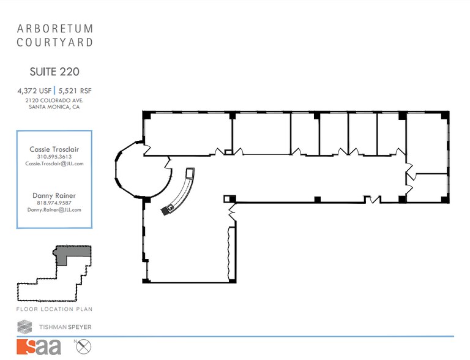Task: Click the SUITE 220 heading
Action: click(54, 72)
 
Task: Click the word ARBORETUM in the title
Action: click(55, 29)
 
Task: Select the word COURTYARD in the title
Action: click(55, 42)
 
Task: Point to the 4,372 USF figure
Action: click(34, 91)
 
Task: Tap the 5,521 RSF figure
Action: click(75, 91)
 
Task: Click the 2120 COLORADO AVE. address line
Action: click(54, 100)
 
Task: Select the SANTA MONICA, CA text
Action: click(54, 107)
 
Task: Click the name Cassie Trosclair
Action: click(54, 149)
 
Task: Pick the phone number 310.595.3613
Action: click(54, 157)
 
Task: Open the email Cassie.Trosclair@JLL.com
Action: click(54, 163)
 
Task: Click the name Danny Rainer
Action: click(54, 195)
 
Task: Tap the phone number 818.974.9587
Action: click(54, 203)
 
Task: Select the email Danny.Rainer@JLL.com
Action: click(54, 210)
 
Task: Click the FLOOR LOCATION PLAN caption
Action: click(54, 309)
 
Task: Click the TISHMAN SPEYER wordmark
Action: click(65, 327)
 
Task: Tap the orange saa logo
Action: click(39, 347)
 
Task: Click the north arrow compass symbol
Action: click(83, 347)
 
